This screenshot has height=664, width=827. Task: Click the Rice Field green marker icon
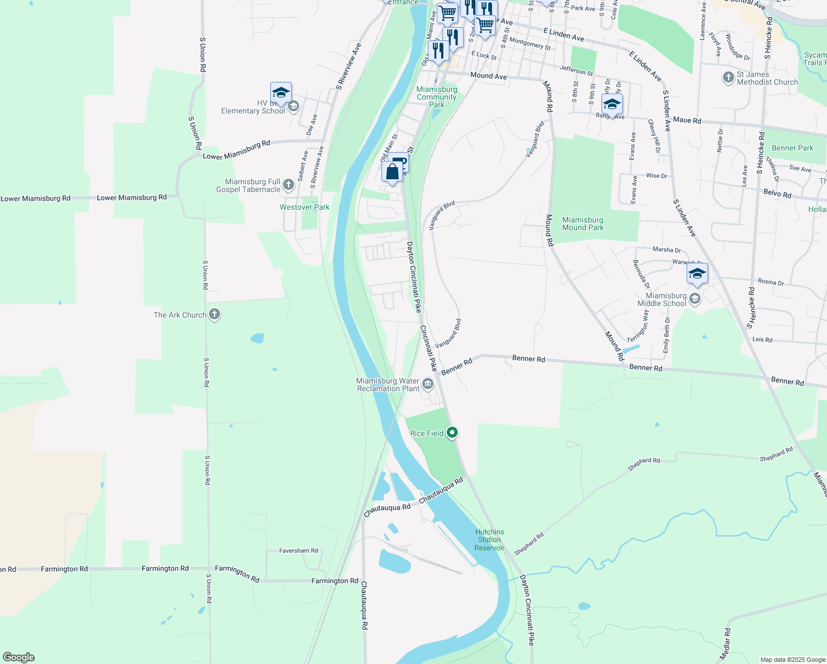click(452, 433)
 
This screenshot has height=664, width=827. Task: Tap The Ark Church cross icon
click(214, 315)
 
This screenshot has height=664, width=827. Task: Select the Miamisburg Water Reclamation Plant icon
click(428, 383)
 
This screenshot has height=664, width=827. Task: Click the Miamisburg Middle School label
click(662, 299)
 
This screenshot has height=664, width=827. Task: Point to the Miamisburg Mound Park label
click(583, 224)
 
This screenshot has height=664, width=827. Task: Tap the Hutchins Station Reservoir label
click(490, 539)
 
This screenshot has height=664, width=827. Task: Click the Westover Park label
click(305, 207)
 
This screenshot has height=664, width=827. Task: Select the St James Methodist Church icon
click(729, 77)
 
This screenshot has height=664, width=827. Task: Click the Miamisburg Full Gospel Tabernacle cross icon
click(289, 185)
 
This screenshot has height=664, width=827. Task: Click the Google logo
click(18, 657)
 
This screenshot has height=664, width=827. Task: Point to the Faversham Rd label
click(299, 551)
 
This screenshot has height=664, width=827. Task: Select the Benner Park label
click(792, 148)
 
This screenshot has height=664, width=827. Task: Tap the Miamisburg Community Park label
click(437, 97)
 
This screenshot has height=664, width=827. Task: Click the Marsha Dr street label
click(667, 250)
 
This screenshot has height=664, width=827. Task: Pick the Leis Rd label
click(762, 340)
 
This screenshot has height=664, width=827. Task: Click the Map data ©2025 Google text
click(793, 660)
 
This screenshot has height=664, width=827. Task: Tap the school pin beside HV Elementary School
click(281, 93)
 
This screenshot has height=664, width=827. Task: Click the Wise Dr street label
click(656, 175)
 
